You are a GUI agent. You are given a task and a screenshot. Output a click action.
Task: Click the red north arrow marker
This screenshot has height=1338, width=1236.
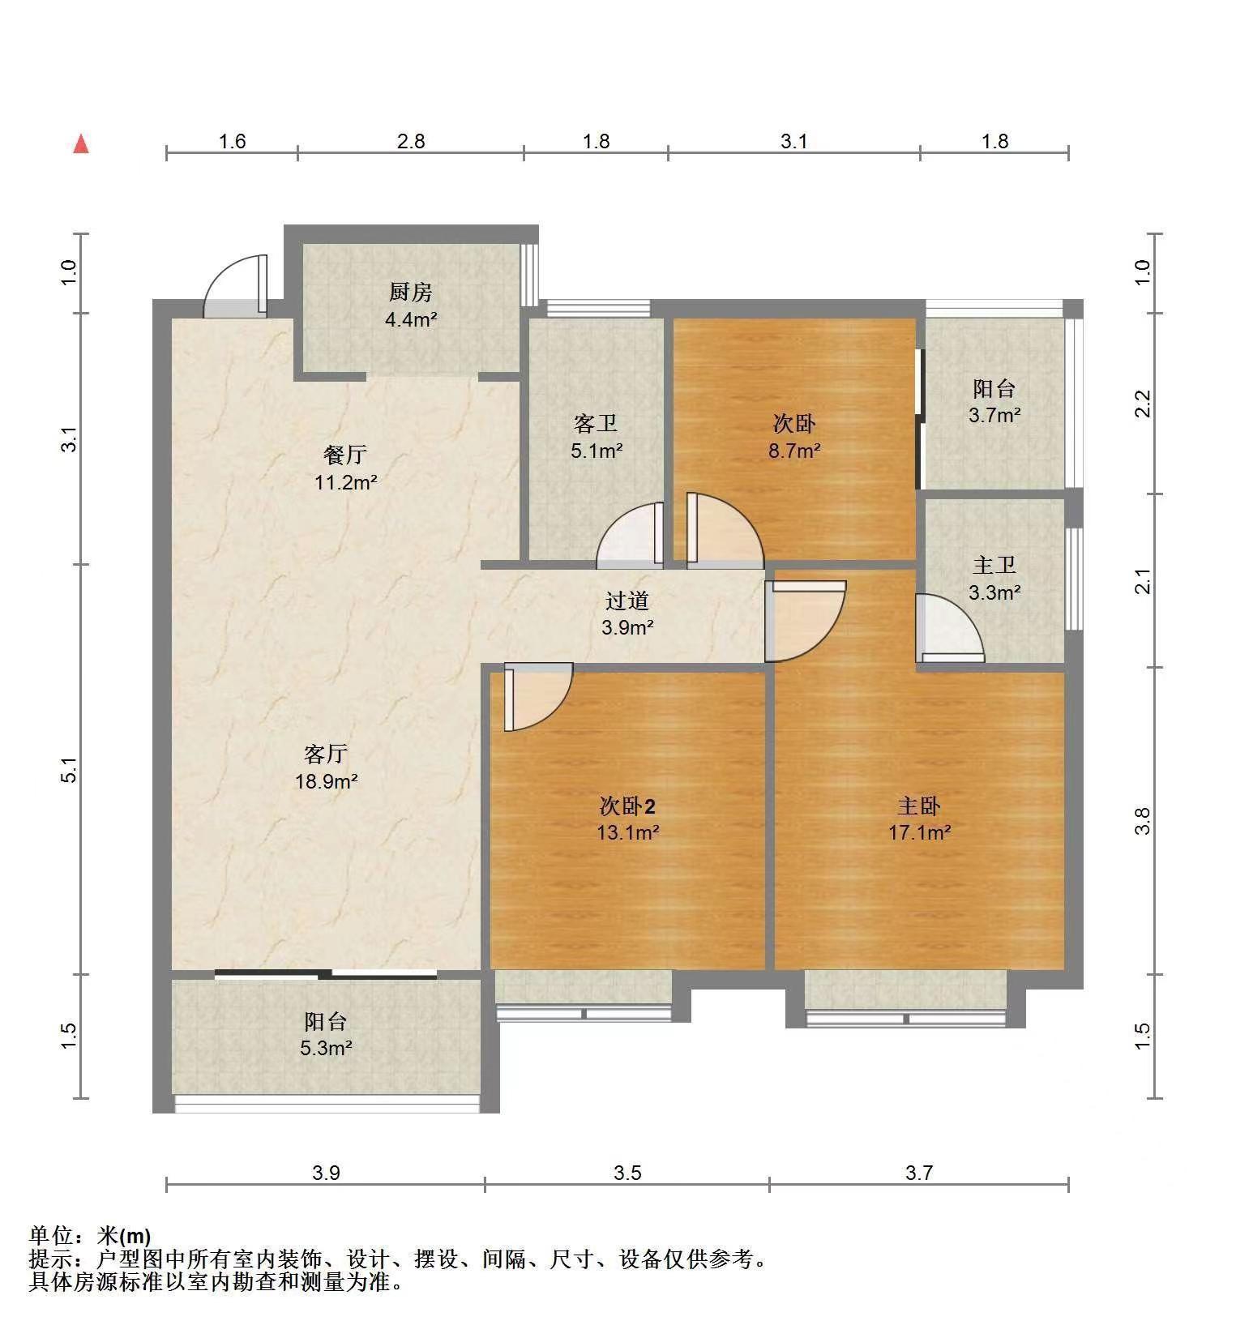pyautogui.click(x=81, y=144)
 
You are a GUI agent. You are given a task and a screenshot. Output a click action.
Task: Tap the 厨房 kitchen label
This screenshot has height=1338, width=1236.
pyautogui.click(x=411, y=292)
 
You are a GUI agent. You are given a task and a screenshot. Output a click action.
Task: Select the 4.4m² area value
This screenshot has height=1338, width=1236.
pyautogui.click(x=411, y=319)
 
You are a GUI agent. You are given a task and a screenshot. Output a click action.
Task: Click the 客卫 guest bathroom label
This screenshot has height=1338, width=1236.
pyautogui.click(x=596, y=424)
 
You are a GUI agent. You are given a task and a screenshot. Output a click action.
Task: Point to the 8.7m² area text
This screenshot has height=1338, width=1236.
pyautogui.click(x=794, y=451)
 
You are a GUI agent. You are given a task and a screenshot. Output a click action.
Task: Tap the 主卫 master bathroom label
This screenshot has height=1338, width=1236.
pyautogui.click(x=994, y=565)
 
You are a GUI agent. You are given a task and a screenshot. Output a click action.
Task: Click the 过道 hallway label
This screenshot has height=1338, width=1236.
pyautogui.click(x=627, y=601)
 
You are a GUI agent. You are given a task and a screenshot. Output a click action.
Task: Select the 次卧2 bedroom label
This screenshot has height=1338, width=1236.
pyautogui.click(x=627, y=806)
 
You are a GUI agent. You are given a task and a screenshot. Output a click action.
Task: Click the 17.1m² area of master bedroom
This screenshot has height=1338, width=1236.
pyautogui.click(x=919, y=832)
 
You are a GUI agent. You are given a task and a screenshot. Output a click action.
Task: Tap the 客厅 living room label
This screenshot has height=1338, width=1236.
pyautogui.click(x=326, y=754)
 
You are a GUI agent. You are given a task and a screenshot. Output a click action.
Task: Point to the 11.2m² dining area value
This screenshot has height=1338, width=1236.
pyautogui.click(x=346, y=483)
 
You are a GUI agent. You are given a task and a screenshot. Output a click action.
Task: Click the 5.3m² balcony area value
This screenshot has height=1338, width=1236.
pyautogui.click(x=326, y=1048)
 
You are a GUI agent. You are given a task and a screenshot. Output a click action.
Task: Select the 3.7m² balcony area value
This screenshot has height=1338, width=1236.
pyautogui.click(x=994, y=416)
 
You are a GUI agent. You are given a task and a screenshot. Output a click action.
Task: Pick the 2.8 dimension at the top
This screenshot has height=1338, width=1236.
pyautogui.click(x=411, y=142)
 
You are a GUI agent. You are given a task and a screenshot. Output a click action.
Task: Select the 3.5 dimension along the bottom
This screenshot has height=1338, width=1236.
pyautogui.click(x=627, y=1173)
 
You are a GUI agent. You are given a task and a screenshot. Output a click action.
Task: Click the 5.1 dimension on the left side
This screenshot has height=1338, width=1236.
pyautogui.click(x=71, y=770)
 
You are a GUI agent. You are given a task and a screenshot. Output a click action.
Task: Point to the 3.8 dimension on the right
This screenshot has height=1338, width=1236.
pyautogui.click(x=1143, y=821)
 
